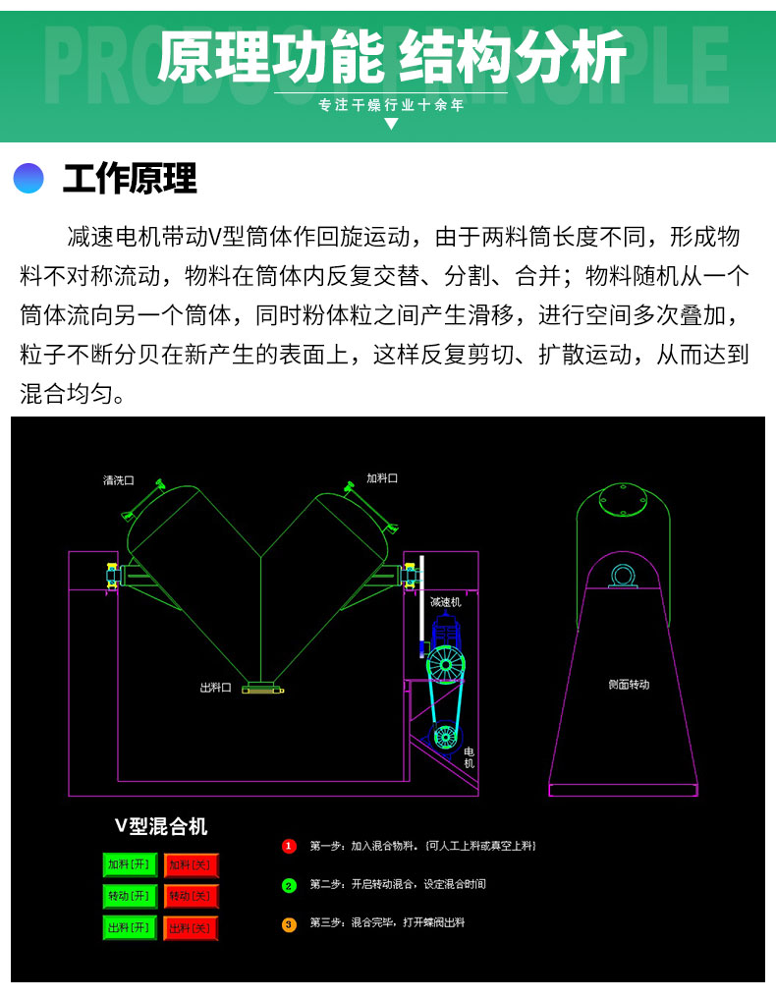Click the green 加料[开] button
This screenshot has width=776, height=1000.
[x=130, y=864]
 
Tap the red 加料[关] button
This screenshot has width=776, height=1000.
[x=191, y=864]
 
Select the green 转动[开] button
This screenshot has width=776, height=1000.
[x=130, y=896]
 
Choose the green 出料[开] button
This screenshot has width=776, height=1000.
[x=130, y=927]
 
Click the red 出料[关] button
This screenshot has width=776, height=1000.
[x=191, y=927]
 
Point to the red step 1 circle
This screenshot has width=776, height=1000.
[x=289, y=847]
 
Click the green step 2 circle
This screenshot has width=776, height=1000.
[x=289, y=885]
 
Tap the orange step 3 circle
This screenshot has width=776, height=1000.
[x=289, y=924]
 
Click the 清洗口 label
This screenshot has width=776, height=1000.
[x=119, y=480]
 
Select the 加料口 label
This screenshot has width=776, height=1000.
[x=382, y=477]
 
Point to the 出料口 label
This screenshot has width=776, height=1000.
[x=215, y=688]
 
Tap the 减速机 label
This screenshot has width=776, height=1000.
[x=445, y=602]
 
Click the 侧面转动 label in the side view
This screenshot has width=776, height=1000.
[x=629, y=685]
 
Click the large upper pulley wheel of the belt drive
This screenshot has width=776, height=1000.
[x=445, y=665]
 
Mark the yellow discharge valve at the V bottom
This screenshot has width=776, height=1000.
[x=262, y=688]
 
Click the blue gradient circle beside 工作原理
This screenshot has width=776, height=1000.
[x=28, y=178]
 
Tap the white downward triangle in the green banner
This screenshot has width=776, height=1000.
[x=392, y=123]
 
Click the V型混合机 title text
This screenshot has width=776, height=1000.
[x=161, y=826]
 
